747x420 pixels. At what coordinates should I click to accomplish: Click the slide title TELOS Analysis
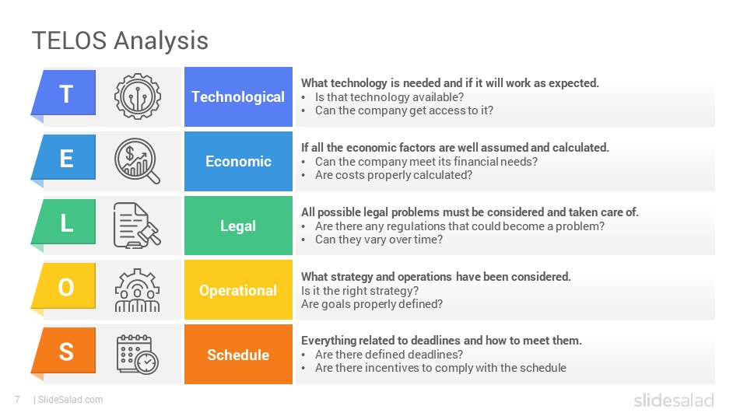[120, 40]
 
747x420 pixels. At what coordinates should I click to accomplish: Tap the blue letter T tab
[65, 93]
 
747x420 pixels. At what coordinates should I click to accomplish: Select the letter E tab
[65, 158]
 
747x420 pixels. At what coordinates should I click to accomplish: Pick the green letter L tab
[65, 222]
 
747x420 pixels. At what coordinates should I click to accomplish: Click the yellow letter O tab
[65, 287]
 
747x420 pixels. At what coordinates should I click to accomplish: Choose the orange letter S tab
[65, 351]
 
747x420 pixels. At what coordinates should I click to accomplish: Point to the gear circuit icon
[138, 96]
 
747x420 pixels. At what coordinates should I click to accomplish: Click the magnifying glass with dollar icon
[137, 161]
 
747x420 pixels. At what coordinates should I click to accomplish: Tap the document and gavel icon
[137, 226]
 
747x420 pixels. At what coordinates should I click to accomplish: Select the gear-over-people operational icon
[137, 290]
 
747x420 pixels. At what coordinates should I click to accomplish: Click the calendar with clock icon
[138, 355]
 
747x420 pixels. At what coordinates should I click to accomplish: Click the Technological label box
[238, 96]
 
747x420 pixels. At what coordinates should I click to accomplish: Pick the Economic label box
[238, 162]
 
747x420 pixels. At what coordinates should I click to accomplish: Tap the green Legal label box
[238, 226]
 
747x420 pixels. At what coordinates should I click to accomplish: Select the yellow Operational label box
[238, 290]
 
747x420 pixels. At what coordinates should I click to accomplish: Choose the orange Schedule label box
[238, 355]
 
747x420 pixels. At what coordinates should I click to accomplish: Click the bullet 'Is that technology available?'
[389, 97]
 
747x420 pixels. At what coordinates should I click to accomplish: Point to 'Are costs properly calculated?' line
[394, 175]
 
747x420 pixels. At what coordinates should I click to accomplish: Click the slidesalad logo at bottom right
[674, 400]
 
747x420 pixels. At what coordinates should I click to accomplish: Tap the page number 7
[18, 400]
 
